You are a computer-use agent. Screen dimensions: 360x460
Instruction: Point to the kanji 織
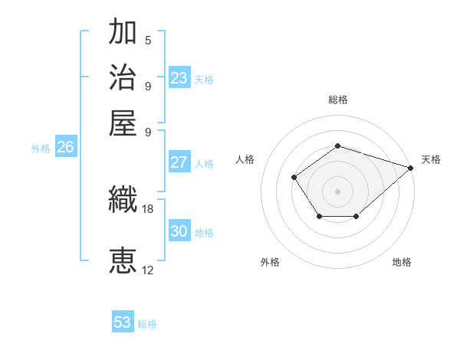[123, 200]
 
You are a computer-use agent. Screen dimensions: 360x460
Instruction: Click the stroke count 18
[148, 208]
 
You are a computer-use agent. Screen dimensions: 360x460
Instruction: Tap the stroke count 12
[148, 270]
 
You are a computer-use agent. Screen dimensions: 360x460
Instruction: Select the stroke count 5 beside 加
[148, 41]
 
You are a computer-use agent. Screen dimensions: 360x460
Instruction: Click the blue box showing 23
[179, 78]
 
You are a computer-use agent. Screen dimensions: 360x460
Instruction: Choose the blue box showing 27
[179, 162]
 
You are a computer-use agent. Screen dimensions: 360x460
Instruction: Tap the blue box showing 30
[179, 231]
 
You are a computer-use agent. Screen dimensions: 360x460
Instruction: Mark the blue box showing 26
[65, 147]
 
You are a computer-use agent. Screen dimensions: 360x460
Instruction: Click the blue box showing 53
[123, 322]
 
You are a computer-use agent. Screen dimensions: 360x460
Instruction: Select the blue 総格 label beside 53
[147, 324]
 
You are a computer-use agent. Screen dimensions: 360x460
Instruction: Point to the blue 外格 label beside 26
[41, 149]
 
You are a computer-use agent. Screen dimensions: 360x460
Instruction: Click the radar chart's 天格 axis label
[432, 159]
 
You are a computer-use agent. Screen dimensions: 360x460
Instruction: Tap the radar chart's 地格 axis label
[402, 262]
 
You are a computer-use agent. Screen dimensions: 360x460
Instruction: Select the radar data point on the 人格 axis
[294, 178]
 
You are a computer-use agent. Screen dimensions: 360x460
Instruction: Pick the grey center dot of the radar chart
[337, 191]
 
